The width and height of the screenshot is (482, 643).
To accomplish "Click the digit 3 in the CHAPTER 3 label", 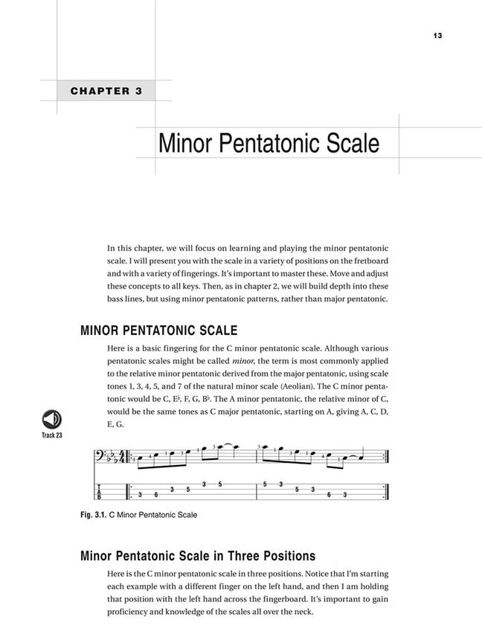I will pyautogui.click(x=138, y=92).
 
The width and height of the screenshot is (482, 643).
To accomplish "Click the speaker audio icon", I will pyautogui.click(x=52, y=419).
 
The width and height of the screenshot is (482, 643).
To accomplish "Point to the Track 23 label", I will pyautogui.click(x=52, y=435).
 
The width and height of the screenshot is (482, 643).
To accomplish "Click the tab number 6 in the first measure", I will pyautogui.click(x=155, y=495).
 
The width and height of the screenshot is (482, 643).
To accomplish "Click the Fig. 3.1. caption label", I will pyautogui.click(x=93, y=514).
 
